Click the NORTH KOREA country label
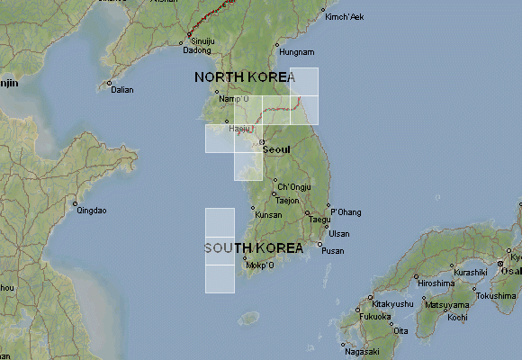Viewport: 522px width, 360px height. coord(245,77)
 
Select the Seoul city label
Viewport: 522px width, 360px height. coord(276,148)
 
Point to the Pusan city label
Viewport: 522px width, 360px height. coord(333,250)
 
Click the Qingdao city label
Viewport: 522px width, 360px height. coord(92,211)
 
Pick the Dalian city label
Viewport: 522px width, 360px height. coord(121,89)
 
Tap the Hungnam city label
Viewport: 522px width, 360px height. coord(298,53)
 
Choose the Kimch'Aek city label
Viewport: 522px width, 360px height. coord(345,17)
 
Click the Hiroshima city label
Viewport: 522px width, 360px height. coord(436,283)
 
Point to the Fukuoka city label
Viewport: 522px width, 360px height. coord(375,317)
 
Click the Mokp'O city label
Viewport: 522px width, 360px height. coord(259,265)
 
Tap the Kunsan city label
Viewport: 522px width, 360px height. coord(268,215)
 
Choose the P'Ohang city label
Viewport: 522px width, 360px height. coord(346,212)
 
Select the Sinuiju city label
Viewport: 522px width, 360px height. coord(202,41)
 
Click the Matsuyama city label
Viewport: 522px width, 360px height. coord(447,305)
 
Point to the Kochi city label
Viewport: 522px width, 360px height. coord(457,317)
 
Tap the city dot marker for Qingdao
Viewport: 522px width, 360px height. coord(76,203)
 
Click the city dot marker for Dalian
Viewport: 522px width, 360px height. coord(109,84)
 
